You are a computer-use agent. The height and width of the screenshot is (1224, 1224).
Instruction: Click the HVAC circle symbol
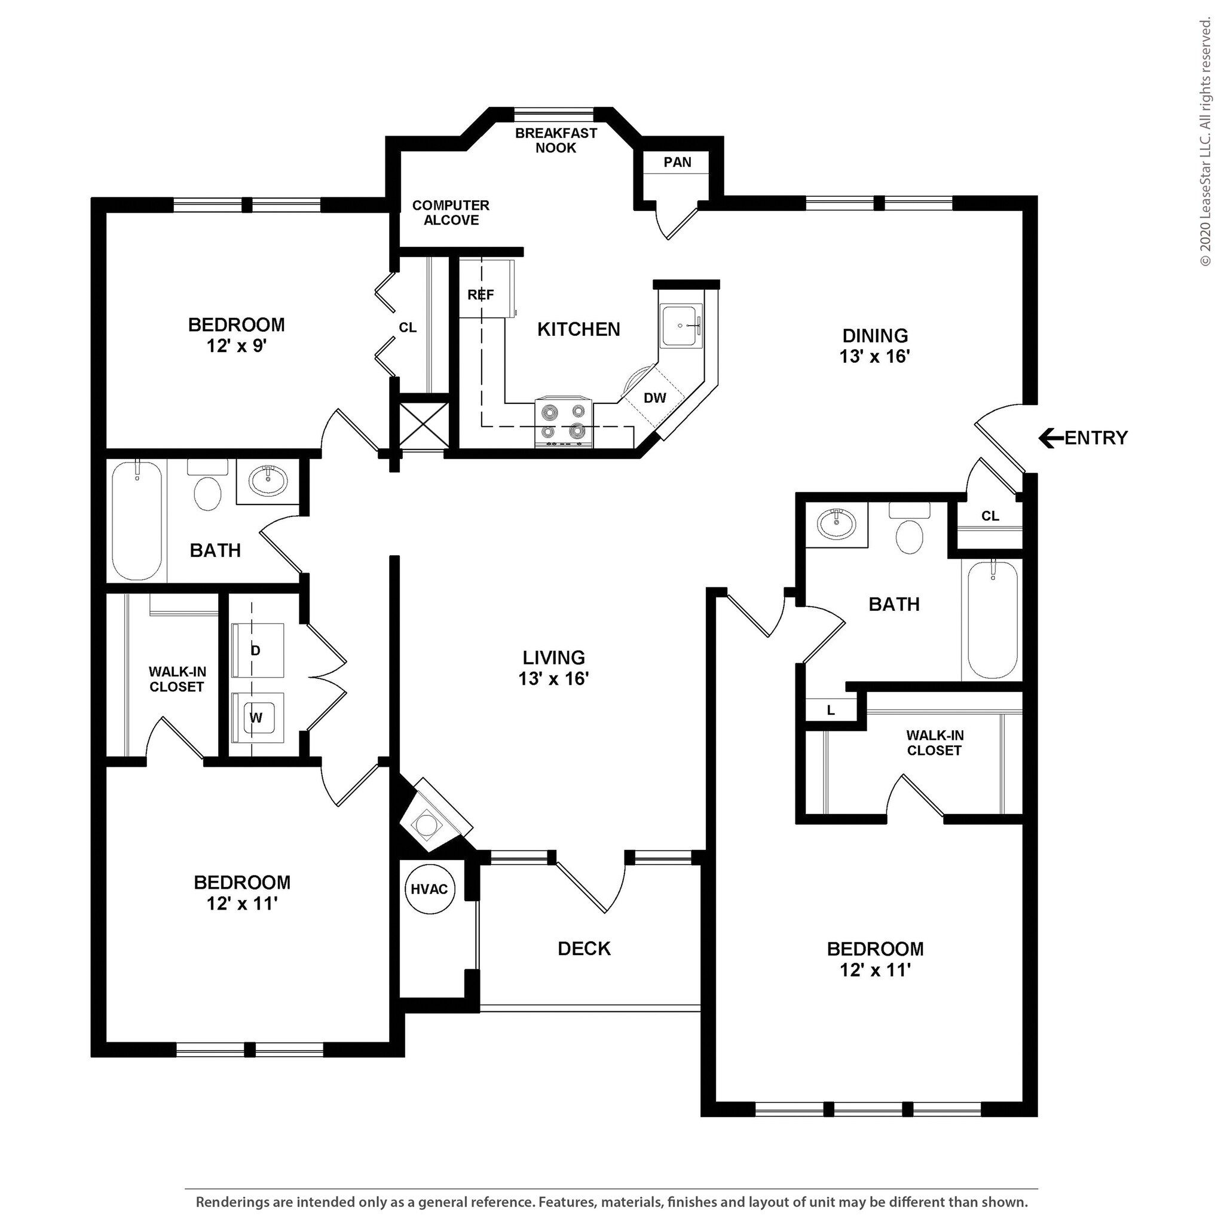[x=430, y=889]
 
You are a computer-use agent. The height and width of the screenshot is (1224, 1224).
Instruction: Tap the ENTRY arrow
[x=1051, y=437]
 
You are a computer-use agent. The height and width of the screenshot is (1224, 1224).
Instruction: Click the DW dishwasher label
[x=654, y=398]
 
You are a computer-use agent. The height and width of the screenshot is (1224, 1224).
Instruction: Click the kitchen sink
[x=681, y=325]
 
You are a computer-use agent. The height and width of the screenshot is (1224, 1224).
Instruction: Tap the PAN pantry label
[x=677, y=162]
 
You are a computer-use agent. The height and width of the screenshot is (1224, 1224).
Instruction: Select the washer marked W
[x=256, y=717]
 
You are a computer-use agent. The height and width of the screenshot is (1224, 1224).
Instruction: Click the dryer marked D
[x=256, y=650]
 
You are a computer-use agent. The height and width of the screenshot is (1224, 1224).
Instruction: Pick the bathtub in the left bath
[x=137, y=521]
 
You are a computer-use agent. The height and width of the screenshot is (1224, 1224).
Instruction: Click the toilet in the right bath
[x=909, y=529]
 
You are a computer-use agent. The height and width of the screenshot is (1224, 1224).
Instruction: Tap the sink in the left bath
[x=268, y=481]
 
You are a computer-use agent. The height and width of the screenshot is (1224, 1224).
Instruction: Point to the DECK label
[x=584, y=948]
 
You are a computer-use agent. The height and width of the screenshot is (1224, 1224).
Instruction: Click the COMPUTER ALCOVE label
[x=451, y=213]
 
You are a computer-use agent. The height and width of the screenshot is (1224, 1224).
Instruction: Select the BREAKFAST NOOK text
[x=556, y=140]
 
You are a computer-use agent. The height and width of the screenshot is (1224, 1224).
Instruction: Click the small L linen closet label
[x=831, y=710]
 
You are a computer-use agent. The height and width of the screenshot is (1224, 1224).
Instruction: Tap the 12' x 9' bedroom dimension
[x=236, y=346]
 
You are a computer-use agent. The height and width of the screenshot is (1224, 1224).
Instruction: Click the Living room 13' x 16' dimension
[x=553, y=678]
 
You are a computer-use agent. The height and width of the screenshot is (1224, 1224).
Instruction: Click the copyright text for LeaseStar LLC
[x=1205, y=142]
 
